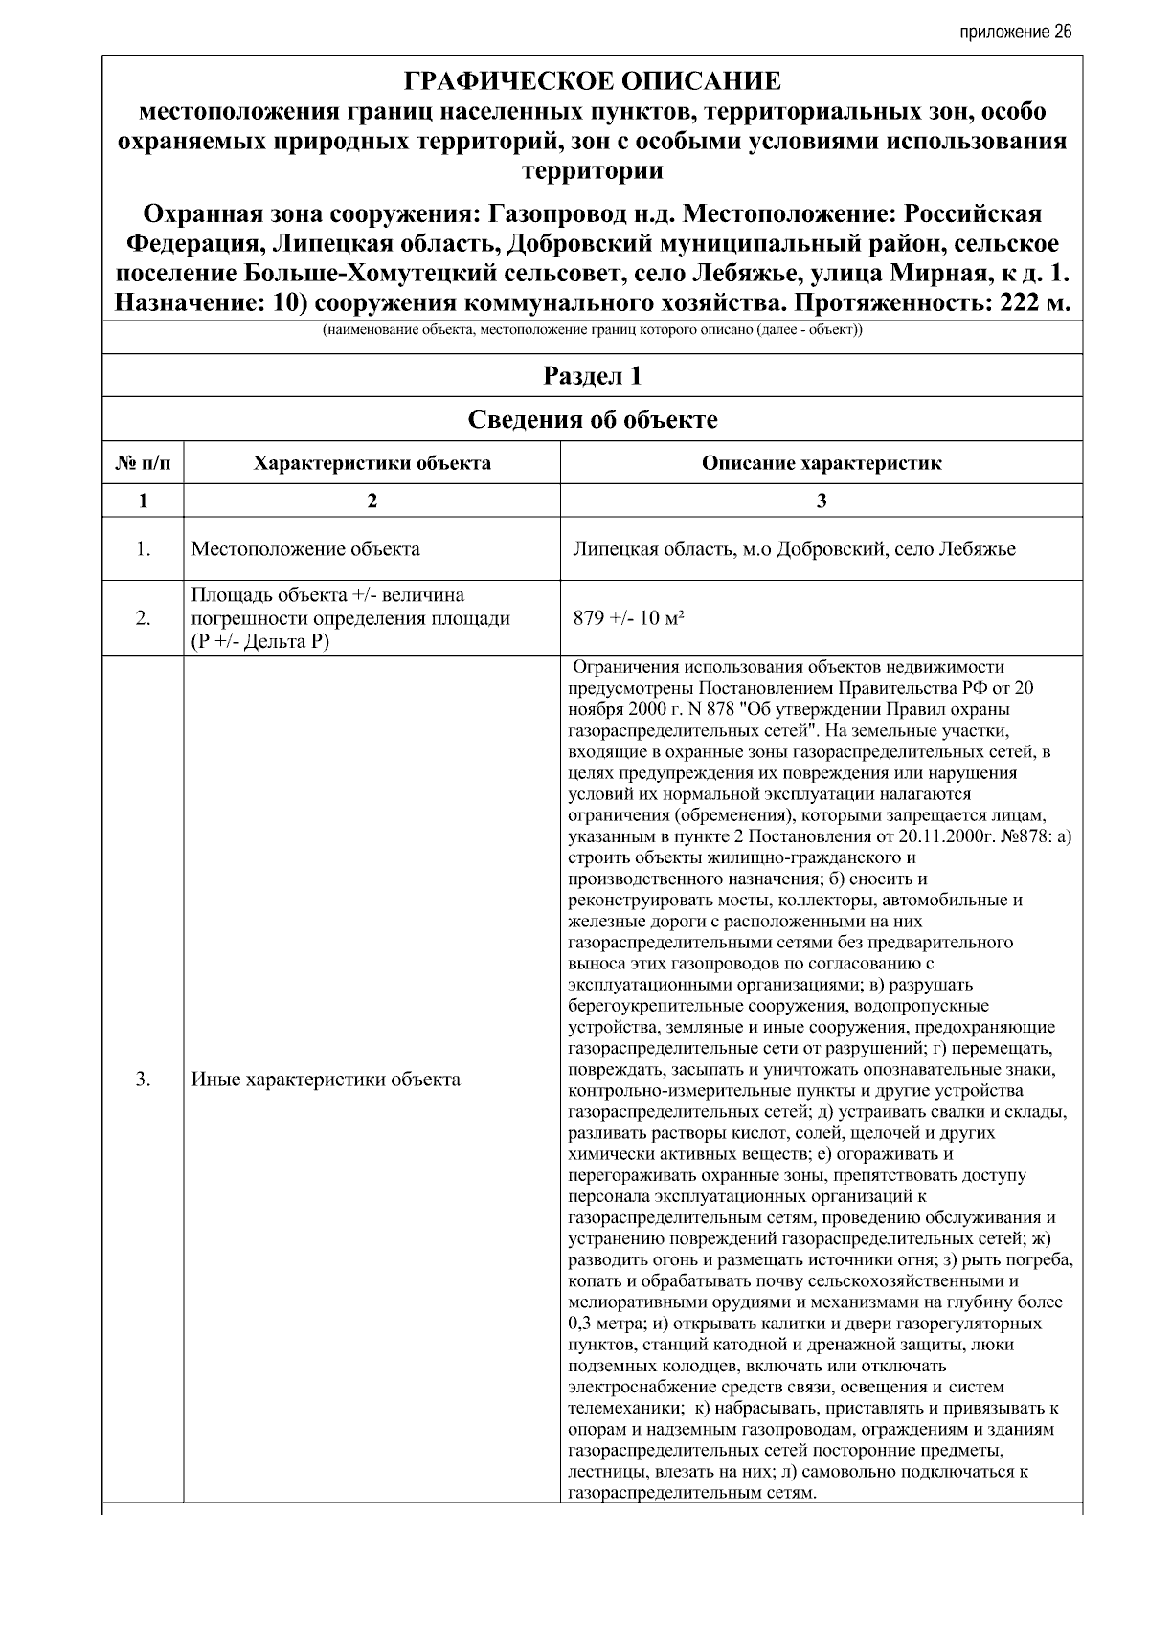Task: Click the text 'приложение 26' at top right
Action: (x=1015, y=32)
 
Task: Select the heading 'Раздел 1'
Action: (x=592, y=376)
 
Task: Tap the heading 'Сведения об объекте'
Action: (x=592, y=420)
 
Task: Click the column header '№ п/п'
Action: (x=143, y=464)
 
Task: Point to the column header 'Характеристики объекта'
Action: (x=372, y=464)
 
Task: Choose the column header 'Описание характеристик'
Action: (x=821, y=464)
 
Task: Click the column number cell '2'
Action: (x=372, y=501)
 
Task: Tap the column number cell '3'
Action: (x=821, y=501)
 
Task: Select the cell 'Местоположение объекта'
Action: (x=305, y=549)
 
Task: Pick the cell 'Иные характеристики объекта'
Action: (x=326, y=1080)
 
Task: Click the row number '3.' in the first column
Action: (x=143, y=1080)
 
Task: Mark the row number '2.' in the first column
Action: (x=143, y=618)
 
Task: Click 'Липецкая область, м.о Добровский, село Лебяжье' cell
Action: (x=794, y=549)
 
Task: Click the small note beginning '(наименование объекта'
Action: (x=592, y=331)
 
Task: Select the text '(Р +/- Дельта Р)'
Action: (x=259, y=641)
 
